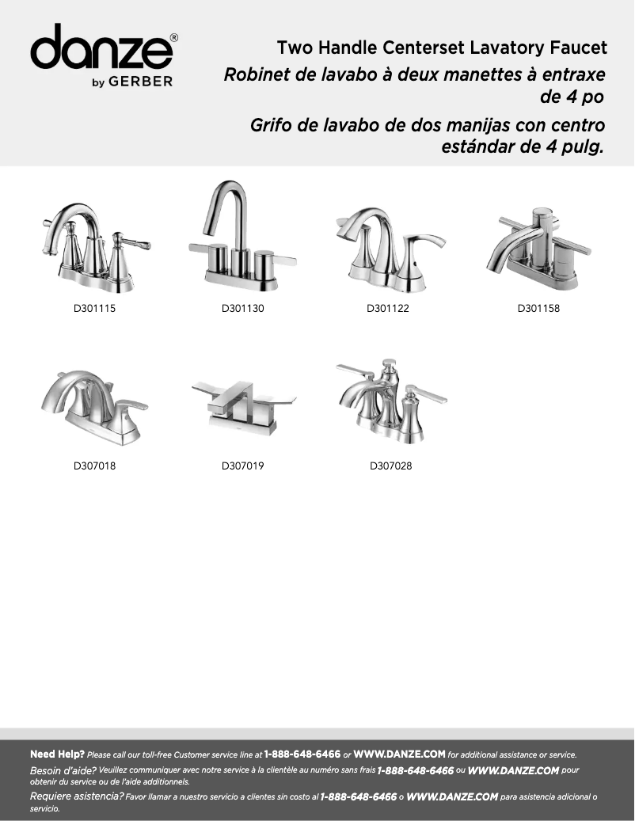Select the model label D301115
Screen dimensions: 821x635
point(95,308)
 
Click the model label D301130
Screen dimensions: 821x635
point(242,308)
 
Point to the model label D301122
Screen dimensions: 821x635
point(387,308)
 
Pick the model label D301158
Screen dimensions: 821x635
point(538,308)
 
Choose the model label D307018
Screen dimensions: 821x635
point(95,466)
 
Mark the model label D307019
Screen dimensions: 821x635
point(242,466)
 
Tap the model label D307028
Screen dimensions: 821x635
point(390,466)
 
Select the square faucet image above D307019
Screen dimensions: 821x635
point(243,406)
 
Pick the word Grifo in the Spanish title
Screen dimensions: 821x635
point(271,126)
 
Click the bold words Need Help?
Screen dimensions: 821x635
point(57,754)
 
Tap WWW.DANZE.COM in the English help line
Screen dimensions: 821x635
point(399,754)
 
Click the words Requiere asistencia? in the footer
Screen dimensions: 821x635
point(76,796)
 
